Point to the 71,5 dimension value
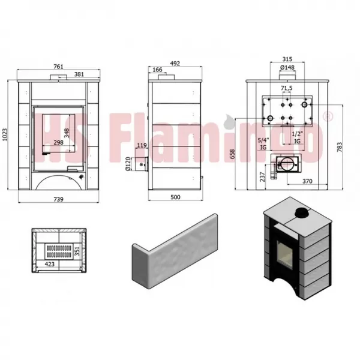pyautogui.click(x=286, y=89)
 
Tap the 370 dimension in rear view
pyautogui.click(x=306, y=181)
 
